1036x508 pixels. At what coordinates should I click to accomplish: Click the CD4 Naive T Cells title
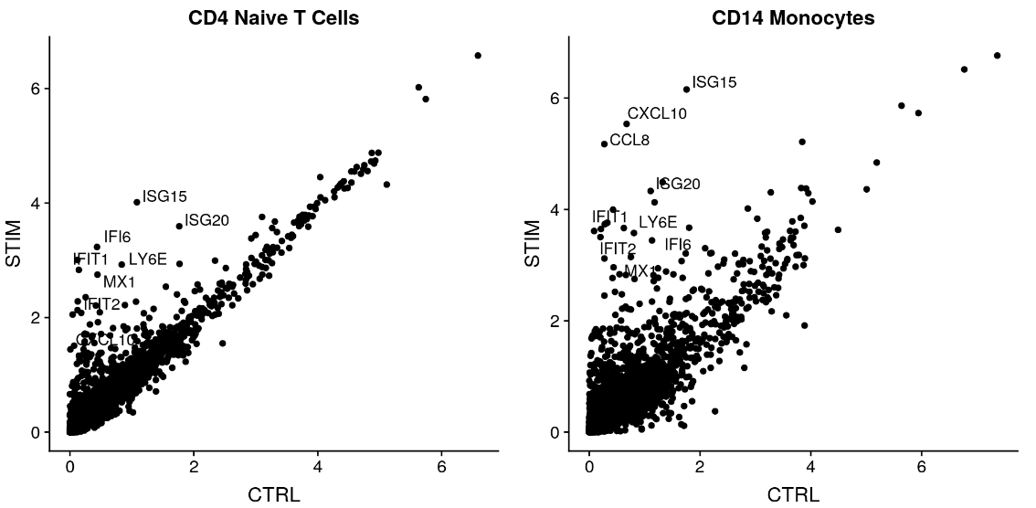[x=273, y=17]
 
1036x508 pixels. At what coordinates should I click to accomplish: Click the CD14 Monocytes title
[x=793, y=17]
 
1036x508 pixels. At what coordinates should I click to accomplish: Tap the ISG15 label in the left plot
[x=164, y=196]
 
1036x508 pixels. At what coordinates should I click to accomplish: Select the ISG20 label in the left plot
[x=206, y=219]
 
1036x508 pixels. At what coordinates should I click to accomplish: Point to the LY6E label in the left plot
[x=148, y=259]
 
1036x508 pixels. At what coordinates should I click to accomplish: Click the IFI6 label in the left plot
[x=117, y=238]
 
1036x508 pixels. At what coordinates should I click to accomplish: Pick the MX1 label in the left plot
[x=119, y=281]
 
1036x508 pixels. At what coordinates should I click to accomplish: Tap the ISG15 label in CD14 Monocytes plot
[x=714, y=82]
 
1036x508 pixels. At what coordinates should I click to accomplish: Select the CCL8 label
[x=629, y=140]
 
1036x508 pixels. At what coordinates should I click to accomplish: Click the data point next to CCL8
[x=604, y=143]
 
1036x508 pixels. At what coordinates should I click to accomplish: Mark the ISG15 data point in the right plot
[x=686, y=89]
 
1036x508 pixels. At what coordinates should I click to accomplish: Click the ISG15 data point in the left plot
[x=137, y=202]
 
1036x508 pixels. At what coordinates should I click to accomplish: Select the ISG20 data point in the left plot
[x=179, y=226]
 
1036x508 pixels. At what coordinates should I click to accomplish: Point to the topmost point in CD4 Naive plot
[x=478, y=56]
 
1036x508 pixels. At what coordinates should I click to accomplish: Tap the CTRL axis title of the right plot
[x=793, y=495]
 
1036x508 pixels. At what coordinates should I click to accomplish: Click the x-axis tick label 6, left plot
[x=441, y=466]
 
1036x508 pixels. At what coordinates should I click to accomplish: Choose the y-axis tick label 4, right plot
[x=566, y=209]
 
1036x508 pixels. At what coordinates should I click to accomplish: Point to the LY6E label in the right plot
[x=658, y=222]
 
